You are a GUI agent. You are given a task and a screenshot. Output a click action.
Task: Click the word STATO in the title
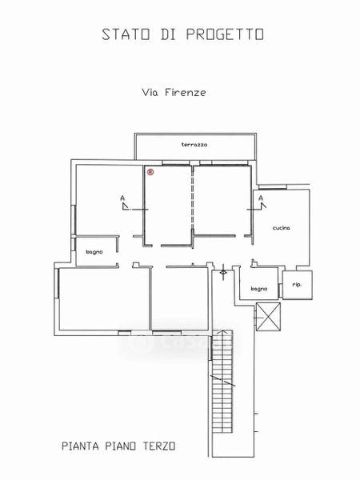126,34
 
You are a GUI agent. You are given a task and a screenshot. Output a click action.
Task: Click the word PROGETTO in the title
225,34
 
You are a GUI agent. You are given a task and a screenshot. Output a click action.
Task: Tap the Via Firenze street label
174,93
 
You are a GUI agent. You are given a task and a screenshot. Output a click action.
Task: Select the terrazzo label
194,145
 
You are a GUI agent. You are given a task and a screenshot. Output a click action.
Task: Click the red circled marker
150,172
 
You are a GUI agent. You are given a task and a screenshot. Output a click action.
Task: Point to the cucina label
282,228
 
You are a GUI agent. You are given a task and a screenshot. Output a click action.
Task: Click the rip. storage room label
297,285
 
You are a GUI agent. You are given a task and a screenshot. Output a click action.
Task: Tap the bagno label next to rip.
259,289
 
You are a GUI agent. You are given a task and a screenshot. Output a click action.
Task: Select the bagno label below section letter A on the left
94,252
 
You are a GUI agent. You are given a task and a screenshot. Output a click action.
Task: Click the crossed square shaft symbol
268,317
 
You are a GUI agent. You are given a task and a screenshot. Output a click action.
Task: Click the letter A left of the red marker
122,198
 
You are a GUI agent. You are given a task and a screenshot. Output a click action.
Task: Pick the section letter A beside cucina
261,198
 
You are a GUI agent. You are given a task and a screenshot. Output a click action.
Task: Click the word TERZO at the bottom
159,446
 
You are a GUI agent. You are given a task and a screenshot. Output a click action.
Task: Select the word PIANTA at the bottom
81,446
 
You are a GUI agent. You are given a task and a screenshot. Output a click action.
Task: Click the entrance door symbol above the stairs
223,271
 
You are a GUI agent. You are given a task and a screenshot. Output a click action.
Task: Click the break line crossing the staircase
222,381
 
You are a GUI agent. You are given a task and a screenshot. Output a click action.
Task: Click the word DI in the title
168,34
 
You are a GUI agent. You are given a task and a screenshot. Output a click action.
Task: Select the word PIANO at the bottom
121,446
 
